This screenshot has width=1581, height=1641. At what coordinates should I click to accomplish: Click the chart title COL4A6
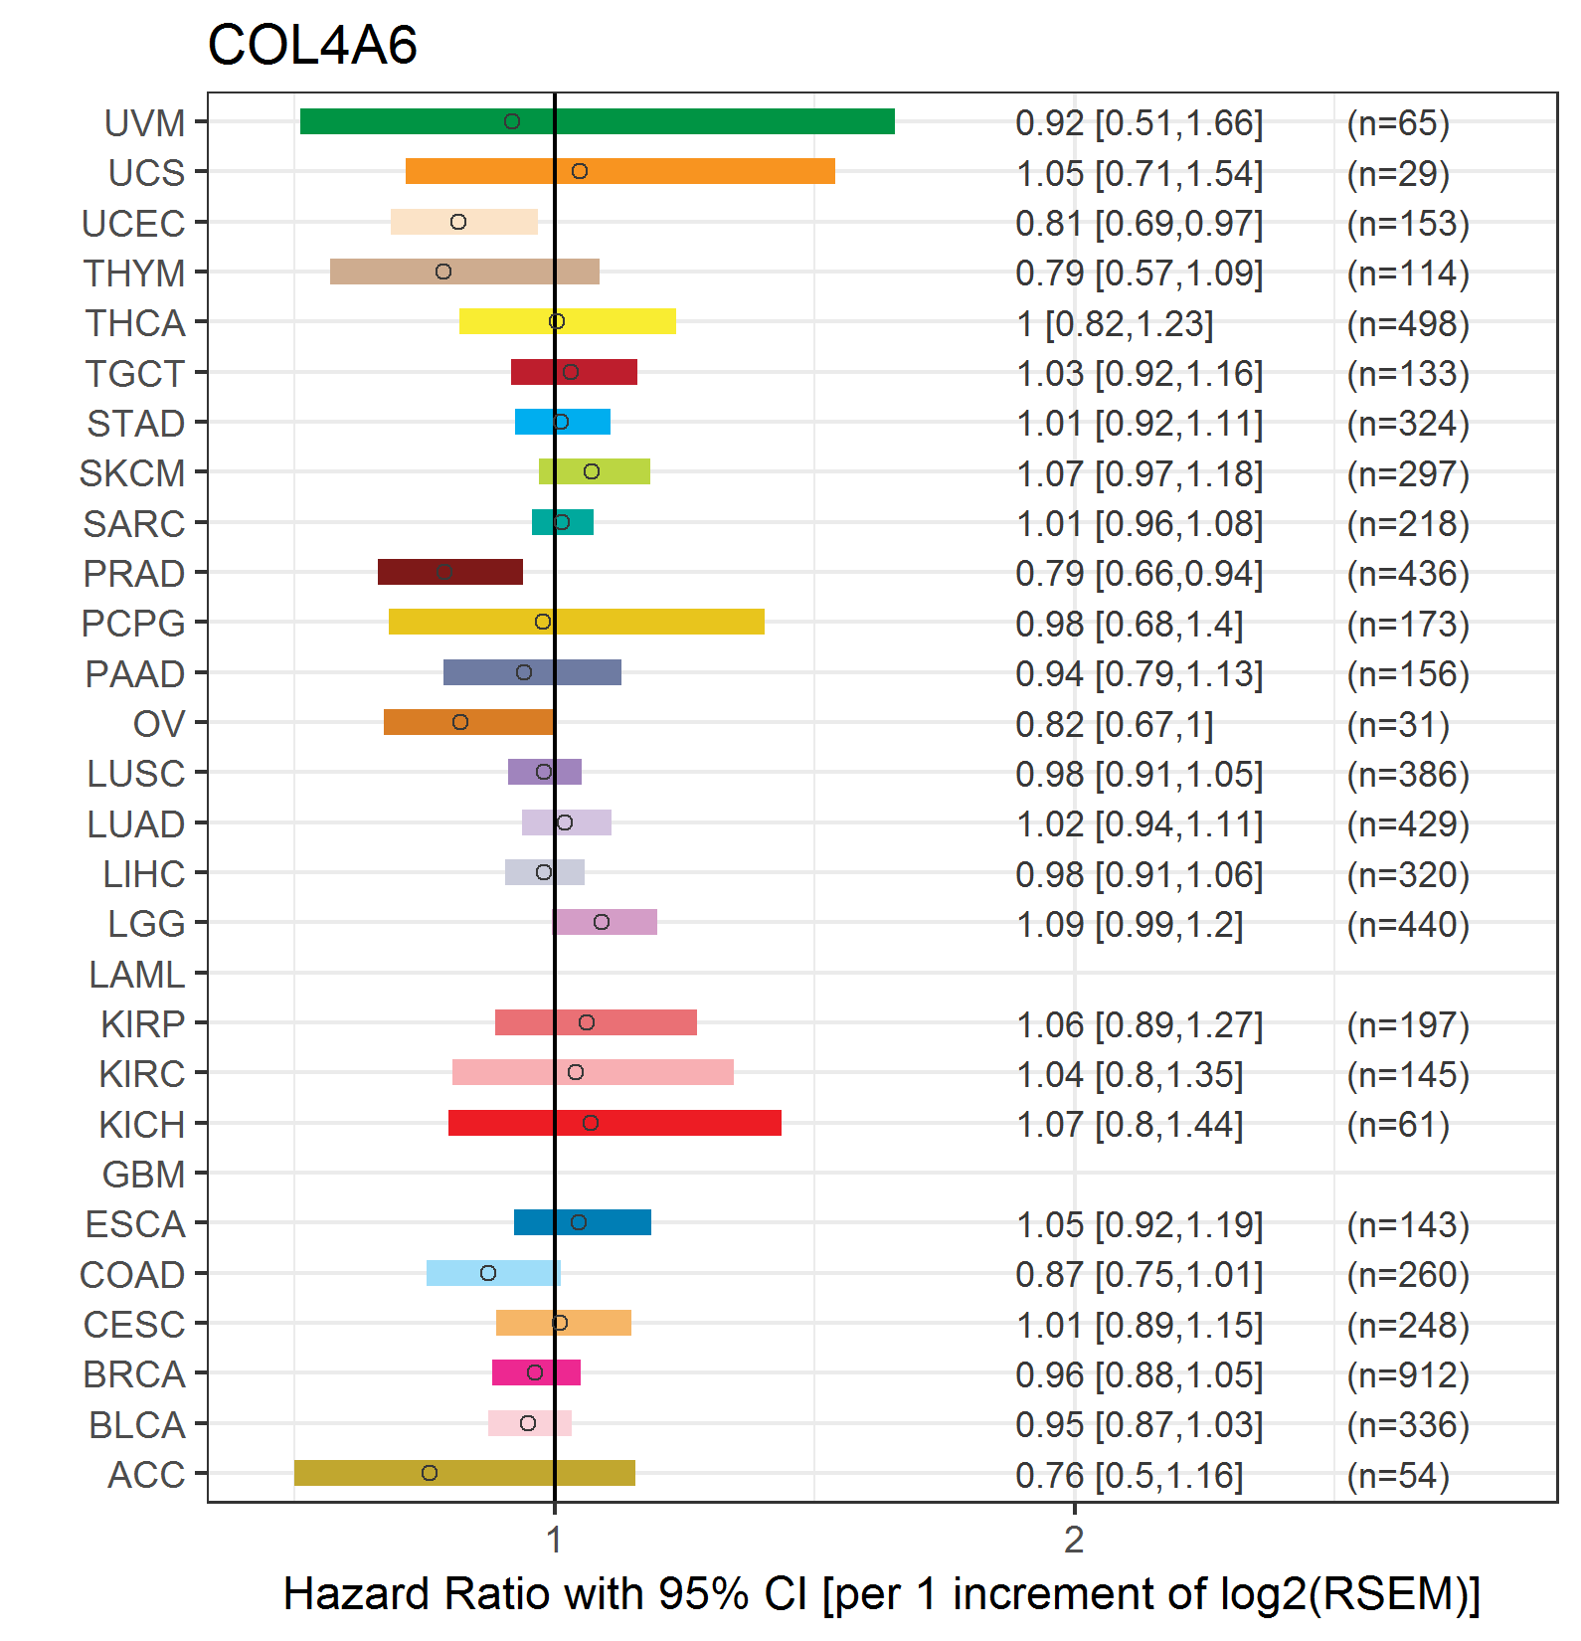(312, 46)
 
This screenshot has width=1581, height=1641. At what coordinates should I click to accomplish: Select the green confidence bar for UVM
(598, 121)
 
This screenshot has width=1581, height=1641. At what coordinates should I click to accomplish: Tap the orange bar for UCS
(620, 171)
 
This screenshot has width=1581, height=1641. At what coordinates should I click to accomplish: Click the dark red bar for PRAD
(450, 572)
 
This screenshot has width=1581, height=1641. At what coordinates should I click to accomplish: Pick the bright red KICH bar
(615, 1123)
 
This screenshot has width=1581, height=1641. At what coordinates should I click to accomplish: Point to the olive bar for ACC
(464, 1473)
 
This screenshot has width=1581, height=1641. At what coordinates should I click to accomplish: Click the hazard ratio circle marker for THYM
(443, 272)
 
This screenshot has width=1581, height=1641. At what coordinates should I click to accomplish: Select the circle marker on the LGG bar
(602, 922)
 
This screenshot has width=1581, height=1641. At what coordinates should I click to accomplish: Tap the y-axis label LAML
(137, 975)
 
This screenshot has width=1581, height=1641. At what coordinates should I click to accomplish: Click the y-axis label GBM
(144, 1175)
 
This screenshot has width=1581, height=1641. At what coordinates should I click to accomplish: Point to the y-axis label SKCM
(132, 473)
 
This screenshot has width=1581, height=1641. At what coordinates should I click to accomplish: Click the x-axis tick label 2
(1074, 1540)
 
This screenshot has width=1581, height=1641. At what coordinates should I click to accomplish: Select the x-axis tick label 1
(555, 1540)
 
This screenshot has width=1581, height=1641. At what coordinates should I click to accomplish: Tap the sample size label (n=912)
(1408, 1374)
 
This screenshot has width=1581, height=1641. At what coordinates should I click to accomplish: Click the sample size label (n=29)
(1398, 173)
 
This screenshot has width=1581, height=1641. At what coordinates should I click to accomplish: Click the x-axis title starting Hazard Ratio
(882, 1594)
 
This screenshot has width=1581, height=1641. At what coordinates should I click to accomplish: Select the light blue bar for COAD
(493, 1273)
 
